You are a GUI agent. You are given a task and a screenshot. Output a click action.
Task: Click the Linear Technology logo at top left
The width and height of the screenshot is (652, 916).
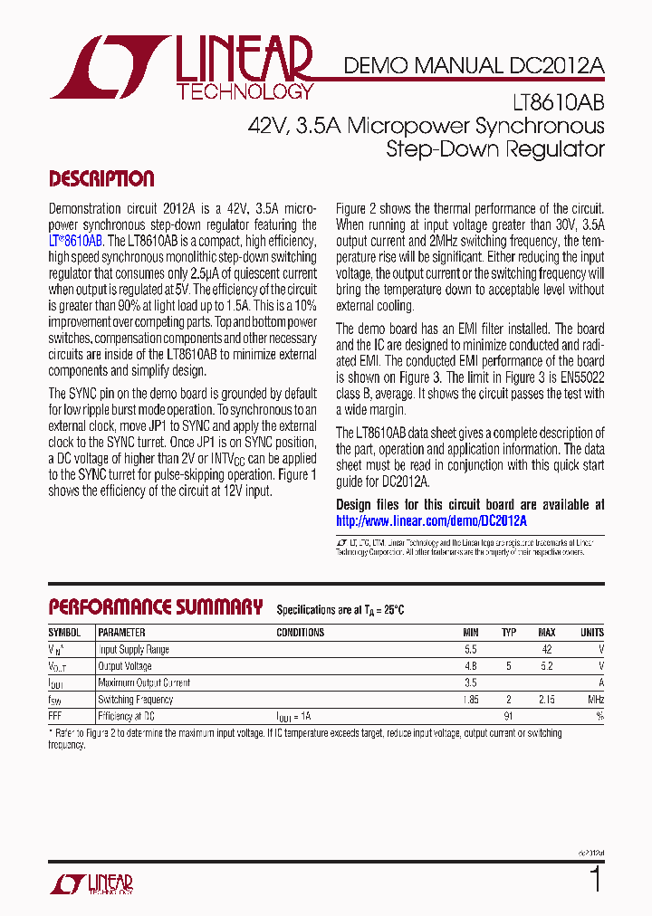click(181, 68)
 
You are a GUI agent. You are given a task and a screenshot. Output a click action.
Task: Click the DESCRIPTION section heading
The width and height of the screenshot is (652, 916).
click(101, 178)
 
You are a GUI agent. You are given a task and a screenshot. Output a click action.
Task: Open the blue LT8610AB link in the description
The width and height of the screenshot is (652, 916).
click(75, 241)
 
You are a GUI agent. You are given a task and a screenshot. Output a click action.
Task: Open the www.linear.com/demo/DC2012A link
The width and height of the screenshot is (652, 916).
click(431, 521)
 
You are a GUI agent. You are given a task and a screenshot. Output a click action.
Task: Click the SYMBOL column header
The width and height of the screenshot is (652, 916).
click(64, 633)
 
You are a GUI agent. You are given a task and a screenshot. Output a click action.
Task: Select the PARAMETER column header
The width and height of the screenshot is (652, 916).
click(121, 633)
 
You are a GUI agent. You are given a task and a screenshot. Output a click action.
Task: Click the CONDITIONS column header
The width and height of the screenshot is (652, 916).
click(300, 633)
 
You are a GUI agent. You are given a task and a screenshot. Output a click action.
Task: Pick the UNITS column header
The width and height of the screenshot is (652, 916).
click(591, 633)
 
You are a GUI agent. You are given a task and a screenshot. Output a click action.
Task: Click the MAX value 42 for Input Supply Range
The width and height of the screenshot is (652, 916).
click(546, 650)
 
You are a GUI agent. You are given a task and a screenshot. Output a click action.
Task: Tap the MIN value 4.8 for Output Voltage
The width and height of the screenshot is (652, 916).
click(470, 666)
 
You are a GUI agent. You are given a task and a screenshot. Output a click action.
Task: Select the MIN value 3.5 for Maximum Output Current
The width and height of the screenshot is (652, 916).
click(470, 683)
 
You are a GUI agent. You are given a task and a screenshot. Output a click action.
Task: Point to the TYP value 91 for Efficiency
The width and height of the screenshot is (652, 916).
click(509, 716)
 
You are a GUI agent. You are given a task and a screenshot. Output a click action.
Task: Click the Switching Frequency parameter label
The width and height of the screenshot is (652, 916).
click(135, 700)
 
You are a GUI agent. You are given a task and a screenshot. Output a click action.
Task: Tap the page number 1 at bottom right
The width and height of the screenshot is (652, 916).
click(595, 879)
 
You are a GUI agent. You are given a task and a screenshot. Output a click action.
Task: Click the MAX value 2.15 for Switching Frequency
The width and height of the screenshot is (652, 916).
click(546, 700)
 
